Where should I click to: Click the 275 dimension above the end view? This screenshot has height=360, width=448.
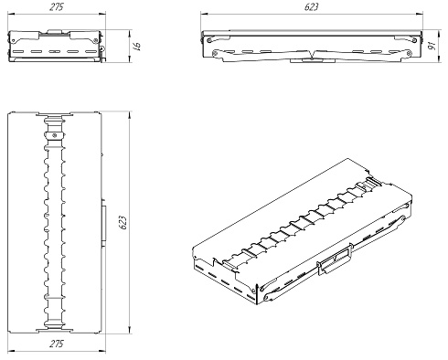[x=57, y=6]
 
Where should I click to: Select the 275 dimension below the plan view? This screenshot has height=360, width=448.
[x=57, y=344]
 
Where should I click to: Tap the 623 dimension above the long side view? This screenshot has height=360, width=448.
[x=312, y=6]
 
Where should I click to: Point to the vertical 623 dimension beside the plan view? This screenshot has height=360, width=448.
[x=123, y=223]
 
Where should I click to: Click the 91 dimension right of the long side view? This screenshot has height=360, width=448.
[x=432, y=46]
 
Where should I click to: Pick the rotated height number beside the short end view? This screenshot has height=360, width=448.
[x=137, y=46]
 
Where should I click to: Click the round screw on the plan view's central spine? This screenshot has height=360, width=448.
[x=55, y=135]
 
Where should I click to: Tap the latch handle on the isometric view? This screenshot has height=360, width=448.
[x=335, y=259]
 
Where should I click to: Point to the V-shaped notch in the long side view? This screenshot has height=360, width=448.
[x=314, y=55]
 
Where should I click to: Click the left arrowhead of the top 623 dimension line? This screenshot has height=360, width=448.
[x=203, y=14]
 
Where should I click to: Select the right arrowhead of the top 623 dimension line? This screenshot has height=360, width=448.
[x=421, y=14]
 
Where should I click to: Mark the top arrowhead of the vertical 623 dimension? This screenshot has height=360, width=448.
[x=130, y=115]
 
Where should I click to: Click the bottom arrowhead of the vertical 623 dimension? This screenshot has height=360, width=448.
[x=130, y=330]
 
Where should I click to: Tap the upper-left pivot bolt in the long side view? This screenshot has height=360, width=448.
[x=209, y=40]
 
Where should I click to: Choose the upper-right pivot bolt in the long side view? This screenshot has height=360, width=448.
[x=414, y=40]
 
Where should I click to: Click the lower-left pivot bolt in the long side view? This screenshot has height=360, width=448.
[x=216, y=54]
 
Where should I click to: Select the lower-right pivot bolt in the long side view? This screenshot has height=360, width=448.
[x=409, y=54]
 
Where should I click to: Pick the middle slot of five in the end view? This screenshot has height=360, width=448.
[x=54, y=51]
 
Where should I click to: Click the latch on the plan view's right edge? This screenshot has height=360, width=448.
[x=103, y=223]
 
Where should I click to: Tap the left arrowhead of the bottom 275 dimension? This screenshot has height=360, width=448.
[x=10, y=351]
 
